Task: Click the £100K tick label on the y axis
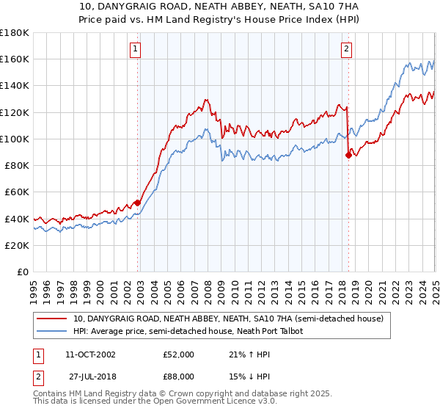click(x=15, y=139)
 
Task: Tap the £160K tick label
click(x=15, y=59)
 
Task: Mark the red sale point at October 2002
click(x=137, y=203)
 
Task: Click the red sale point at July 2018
click(x=348, y=155)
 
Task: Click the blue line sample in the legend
click(x=51, y=332)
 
